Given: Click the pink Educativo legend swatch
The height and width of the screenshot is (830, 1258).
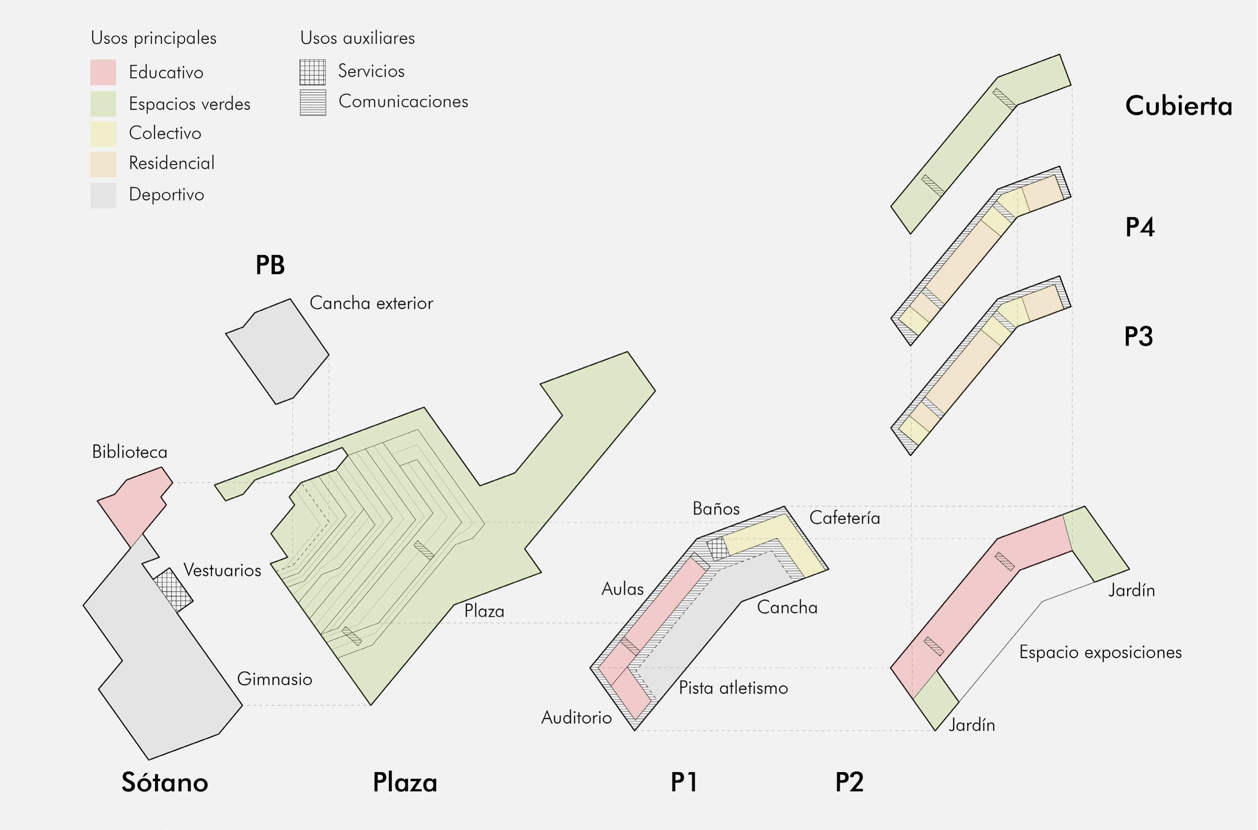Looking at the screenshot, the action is coord(103,72).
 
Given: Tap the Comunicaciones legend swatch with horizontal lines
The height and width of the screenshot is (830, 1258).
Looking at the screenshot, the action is coord(313,102).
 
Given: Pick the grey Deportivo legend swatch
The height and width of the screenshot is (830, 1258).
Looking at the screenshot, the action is coord(103,195).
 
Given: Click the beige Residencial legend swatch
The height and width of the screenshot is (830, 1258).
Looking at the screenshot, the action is coord(103,164).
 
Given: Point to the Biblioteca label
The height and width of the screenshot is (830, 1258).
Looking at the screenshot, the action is coord(130,451).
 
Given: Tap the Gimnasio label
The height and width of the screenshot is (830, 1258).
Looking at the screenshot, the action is coord(274,678).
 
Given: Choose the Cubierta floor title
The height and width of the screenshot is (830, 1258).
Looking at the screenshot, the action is coord(1179,106).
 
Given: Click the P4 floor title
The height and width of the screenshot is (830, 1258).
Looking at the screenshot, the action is coord(1139,227).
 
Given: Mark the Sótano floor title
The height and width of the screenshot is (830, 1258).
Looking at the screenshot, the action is coord(165,782).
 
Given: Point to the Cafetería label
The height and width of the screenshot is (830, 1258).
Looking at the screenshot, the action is coord(845,518).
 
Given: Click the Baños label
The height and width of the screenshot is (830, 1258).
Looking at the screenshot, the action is coord(716,509).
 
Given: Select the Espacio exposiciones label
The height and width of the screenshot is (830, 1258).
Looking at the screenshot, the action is coord(1100,652).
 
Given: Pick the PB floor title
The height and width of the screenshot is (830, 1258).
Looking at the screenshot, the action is coord(270,265).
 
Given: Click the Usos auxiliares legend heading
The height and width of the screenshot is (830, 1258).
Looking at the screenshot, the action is coord(357,38).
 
